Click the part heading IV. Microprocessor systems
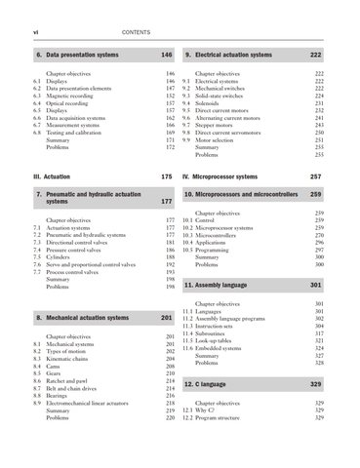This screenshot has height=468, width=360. click(x=232, y=175)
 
